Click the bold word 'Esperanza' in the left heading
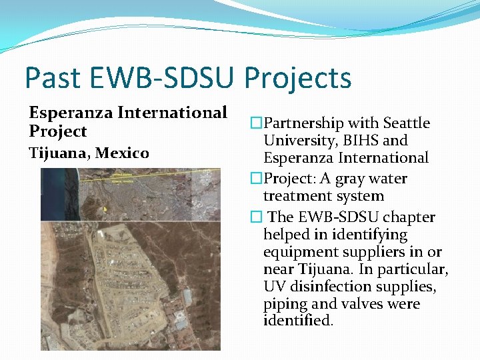click(71, 113)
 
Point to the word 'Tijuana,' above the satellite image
click(59, 153)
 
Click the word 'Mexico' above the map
click(122, 153)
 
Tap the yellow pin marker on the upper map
click(104, 209)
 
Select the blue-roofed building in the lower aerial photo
click(187, 297)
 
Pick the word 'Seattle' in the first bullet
click(405, 123)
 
